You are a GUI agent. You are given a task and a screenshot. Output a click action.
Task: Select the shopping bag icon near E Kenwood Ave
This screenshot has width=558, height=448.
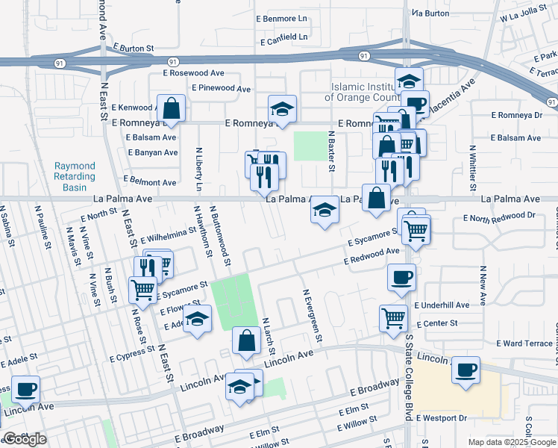(x=171, y=108)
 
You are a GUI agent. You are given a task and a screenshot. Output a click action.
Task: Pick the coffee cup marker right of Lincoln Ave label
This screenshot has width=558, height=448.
(x=465, y=370)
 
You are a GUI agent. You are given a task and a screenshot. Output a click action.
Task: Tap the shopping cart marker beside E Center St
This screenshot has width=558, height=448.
(x=393, y=318)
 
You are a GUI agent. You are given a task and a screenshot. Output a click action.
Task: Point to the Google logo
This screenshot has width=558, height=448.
(x=25, y=439)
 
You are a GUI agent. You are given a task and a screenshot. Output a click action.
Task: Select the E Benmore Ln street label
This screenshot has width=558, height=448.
(x=281, y=18)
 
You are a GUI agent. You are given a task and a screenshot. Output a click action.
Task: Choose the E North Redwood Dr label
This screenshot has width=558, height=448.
(x=499, y=217)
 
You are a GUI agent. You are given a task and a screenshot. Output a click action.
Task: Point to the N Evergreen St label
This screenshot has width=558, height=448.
(x=311, y=316)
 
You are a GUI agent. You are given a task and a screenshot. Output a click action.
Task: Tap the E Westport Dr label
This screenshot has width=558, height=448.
(x=441, y=418)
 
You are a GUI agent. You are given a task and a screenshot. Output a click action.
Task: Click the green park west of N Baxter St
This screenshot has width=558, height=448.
(x=310, y=146)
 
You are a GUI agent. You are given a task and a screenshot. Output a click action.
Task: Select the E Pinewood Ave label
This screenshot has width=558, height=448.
(x=221, y=88)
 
